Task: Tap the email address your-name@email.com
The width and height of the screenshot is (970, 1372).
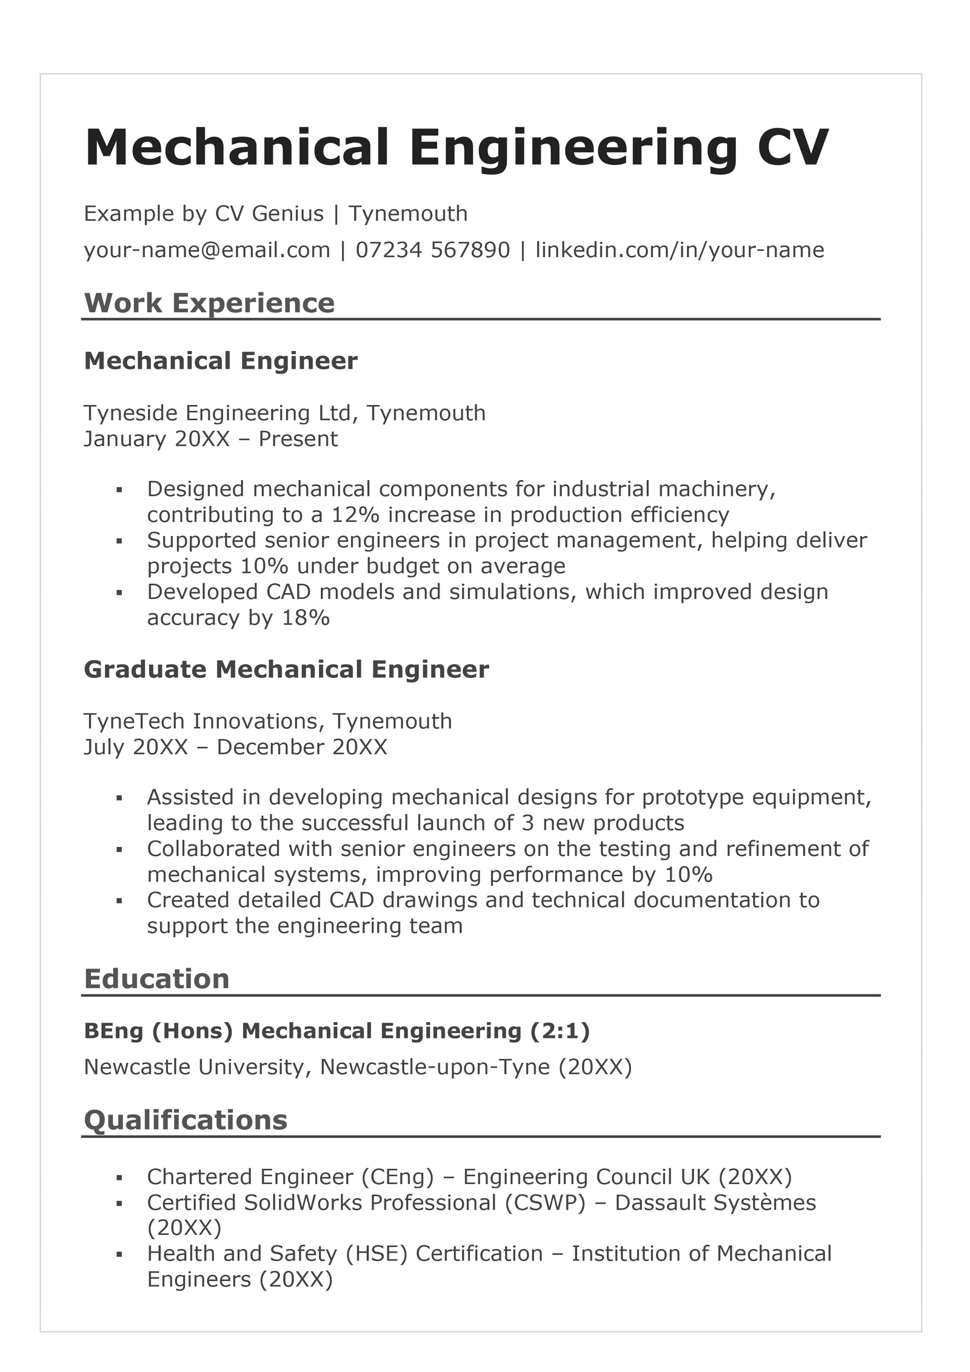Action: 207,250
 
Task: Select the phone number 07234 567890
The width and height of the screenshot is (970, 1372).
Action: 433,250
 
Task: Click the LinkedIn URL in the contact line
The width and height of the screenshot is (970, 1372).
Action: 680,250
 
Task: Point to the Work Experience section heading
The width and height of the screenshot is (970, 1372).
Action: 209,303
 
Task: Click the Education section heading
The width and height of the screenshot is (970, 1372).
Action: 156,979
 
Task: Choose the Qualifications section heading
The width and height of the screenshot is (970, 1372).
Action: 186,1120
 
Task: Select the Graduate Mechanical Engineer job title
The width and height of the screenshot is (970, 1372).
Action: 286,669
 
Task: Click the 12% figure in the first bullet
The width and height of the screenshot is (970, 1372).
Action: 355,515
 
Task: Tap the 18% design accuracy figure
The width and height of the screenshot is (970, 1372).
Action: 306,618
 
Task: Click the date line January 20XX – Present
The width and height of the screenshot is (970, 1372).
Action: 210,439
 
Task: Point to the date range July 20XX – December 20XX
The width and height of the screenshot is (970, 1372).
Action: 235,747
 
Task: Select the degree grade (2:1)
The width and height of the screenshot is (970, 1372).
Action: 560,1031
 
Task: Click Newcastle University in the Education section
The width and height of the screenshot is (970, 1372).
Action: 194,1067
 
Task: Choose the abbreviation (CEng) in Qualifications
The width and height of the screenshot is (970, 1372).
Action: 398,1177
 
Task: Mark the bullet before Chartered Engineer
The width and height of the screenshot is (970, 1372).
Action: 119,1178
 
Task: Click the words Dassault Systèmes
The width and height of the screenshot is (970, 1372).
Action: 715,1203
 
